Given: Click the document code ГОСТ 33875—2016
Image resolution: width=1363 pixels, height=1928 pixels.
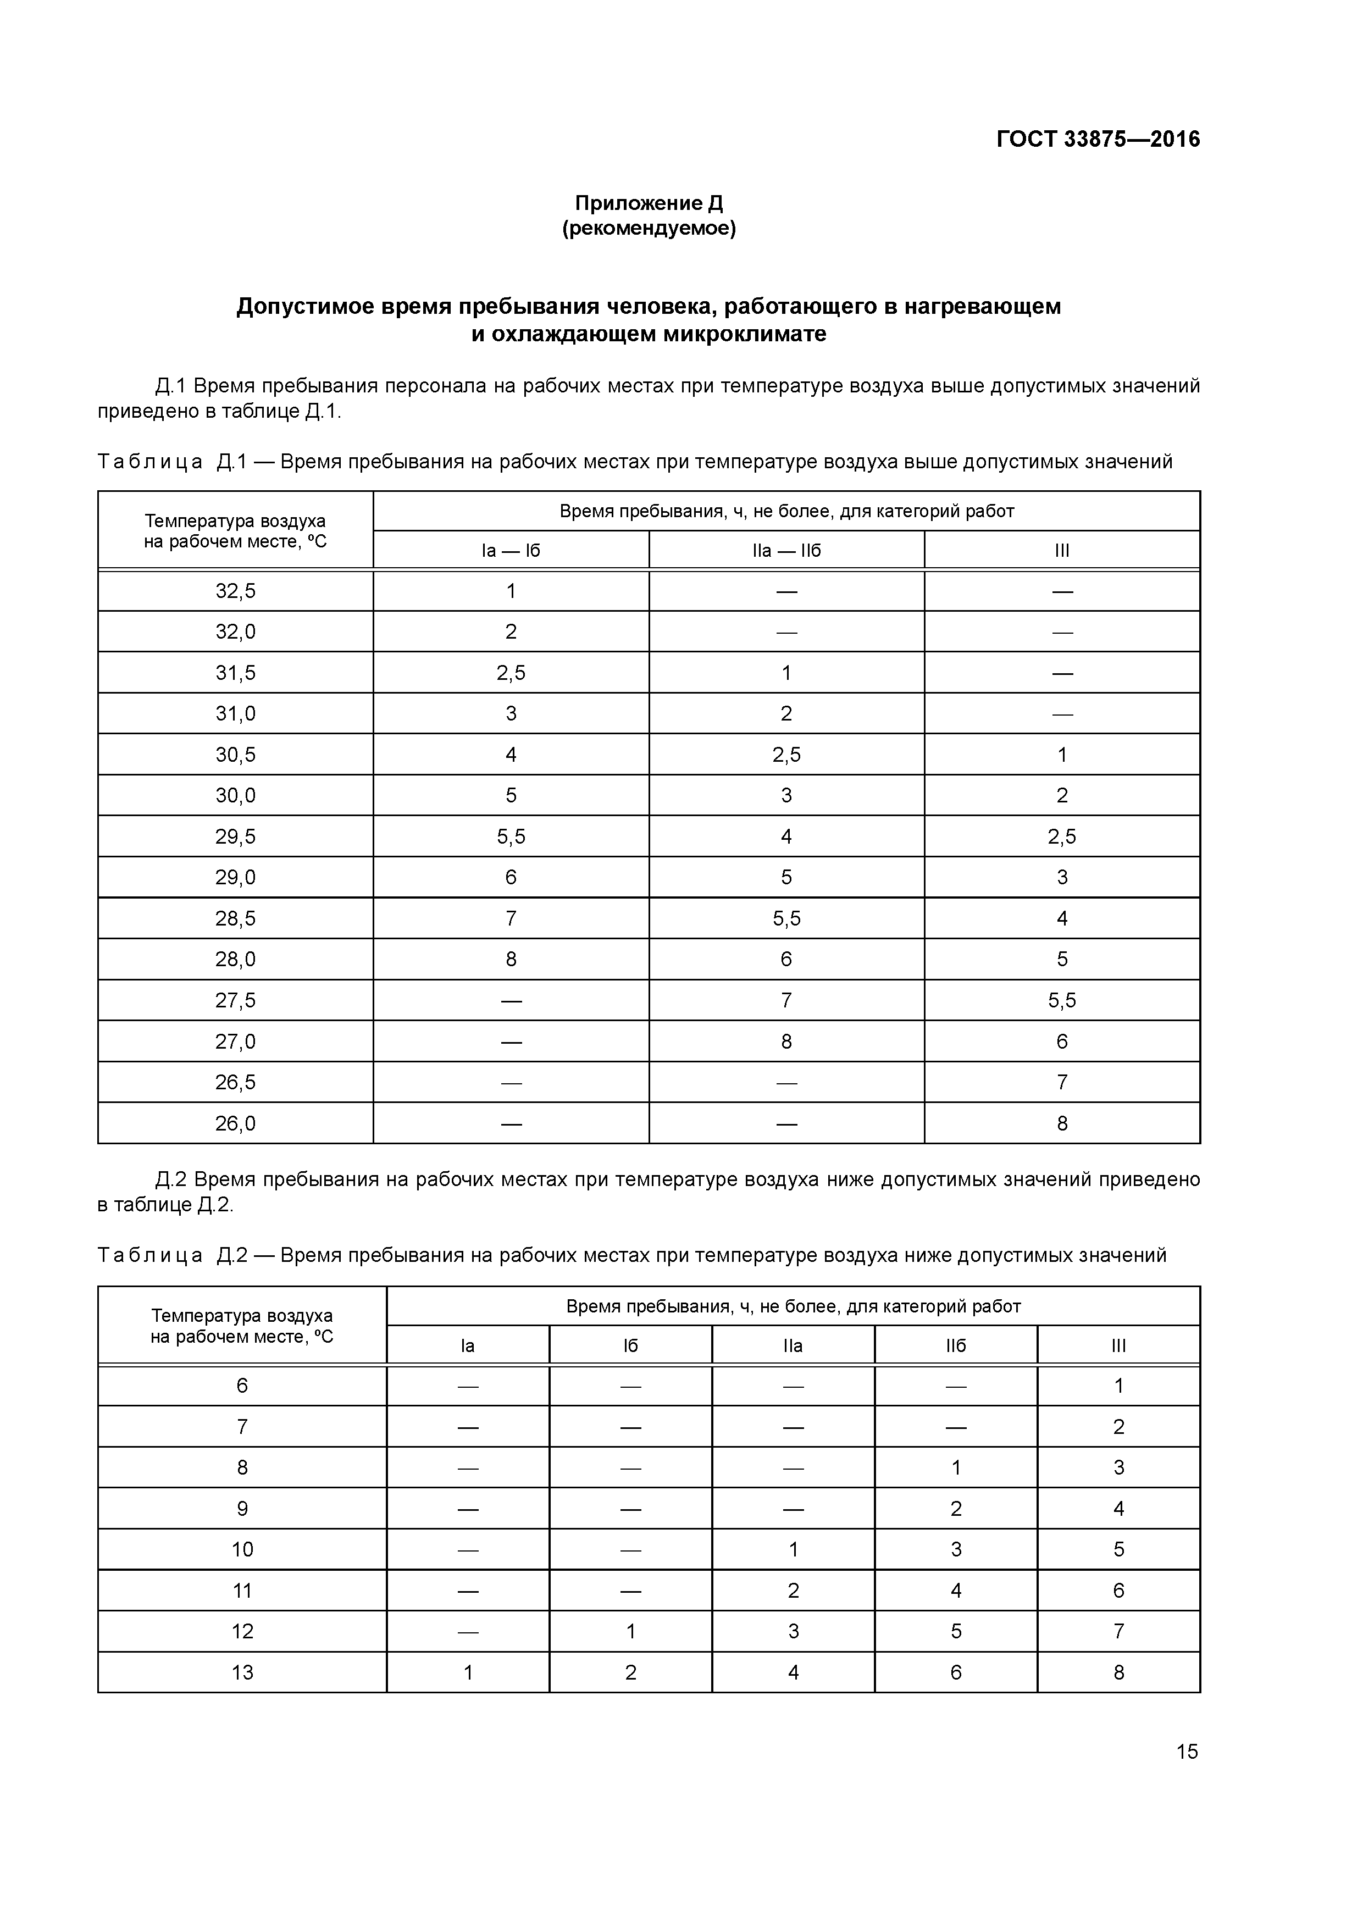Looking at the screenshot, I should pos(1098,140).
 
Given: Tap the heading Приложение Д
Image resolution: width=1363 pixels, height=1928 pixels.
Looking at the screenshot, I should pos(649,203).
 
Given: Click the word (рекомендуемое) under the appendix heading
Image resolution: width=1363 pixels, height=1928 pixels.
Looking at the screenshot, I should pos(649,229).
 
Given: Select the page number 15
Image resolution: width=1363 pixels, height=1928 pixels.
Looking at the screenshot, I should pos(1187,1751).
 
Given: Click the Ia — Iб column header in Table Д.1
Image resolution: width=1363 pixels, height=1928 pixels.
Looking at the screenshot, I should pos(511,551).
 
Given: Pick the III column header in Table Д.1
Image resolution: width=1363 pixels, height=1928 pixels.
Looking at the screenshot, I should pos(1061,551).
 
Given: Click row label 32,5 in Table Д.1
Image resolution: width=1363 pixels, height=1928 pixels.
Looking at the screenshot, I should pos(235,591).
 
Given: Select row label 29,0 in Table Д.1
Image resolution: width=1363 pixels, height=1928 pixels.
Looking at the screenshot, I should pos(235,878).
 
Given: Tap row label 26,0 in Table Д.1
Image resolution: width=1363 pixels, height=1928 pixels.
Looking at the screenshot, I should pos(235,1123).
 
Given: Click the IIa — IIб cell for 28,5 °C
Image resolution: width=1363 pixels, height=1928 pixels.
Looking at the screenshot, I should pos(786,918).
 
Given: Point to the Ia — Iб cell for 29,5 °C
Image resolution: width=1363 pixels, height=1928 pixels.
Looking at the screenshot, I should pos(511,836).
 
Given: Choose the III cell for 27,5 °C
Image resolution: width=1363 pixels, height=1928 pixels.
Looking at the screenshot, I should pos(1061,1000).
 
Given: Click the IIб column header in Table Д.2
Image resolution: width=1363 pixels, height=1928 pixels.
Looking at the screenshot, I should pos(956,1346).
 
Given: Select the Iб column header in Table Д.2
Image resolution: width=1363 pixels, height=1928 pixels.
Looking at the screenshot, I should pos(631,1346).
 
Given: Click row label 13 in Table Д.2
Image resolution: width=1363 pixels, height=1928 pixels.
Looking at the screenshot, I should pos(242,1673).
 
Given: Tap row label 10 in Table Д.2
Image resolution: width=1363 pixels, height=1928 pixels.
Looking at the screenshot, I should pos(242,1549).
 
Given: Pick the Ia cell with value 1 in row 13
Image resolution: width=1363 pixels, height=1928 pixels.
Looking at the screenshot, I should pos(468,1673).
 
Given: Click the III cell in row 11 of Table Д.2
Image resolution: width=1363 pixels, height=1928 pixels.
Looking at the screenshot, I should pos(1118,1591).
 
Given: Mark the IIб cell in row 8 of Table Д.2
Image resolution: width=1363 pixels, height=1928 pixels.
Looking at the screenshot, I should pos(956,1468).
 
